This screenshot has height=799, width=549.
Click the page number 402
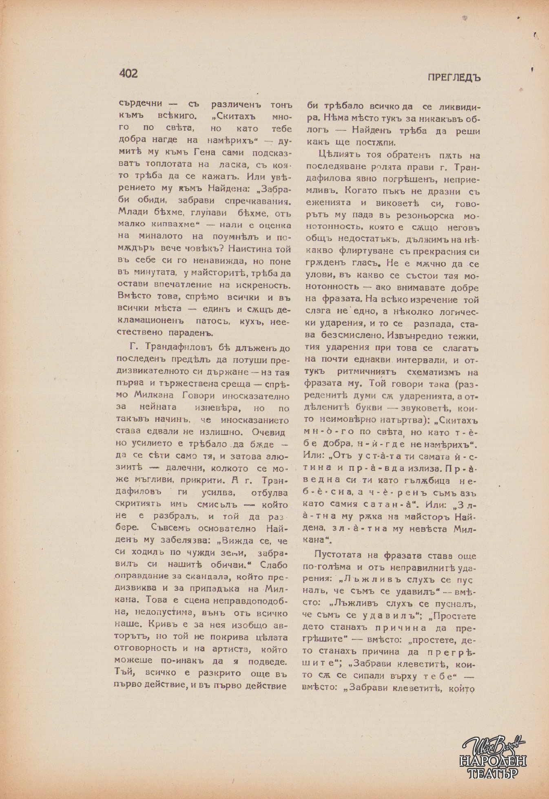click(x=128, y=73)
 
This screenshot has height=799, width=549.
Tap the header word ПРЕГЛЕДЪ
click(x=454, y=77)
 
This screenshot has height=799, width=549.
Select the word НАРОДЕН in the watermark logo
click(x=493, y=761)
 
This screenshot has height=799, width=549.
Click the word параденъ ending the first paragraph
click(x=191, y=332)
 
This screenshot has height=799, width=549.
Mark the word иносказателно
click(x=256, y=396)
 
